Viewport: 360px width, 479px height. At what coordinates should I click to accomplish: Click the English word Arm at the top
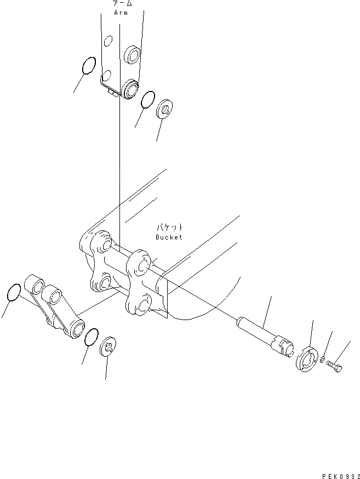click(x=121, y=12)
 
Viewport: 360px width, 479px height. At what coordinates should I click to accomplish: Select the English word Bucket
click(x=168, y=237)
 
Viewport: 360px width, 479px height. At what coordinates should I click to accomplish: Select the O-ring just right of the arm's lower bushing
click(x=146, y=100)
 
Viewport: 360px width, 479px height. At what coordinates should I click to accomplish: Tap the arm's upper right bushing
click(x=132, y=55)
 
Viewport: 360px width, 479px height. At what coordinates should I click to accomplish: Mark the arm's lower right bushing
click(x=130, y=88)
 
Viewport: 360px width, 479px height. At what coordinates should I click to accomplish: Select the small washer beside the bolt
click(x=325, y=362)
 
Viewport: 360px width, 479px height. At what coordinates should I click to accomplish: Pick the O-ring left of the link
click(x=15, y=293)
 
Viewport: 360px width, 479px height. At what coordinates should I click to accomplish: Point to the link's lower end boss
click(x=76, y=329)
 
